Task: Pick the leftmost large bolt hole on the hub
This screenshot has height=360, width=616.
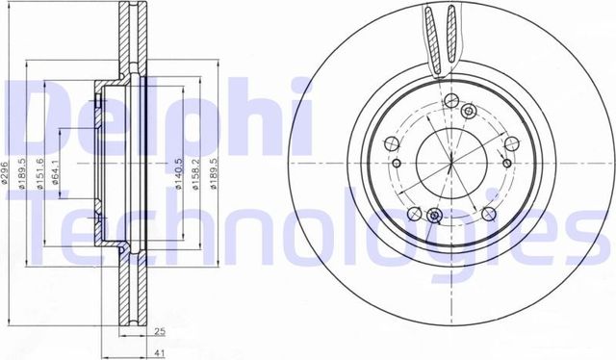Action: [x=391, y=144]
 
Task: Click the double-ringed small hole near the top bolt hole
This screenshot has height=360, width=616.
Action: [x=450, y=101]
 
